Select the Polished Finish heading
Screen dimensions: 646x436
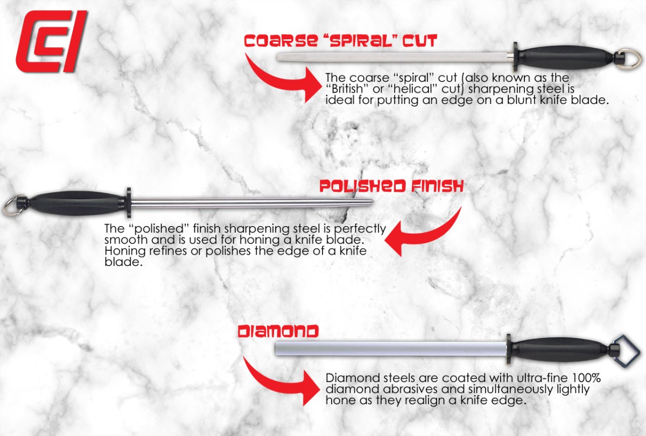[392, 186]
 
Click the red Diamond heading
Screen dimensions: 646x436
[278, 332]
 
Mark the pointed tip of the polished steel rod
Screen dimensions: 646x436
[373, 202]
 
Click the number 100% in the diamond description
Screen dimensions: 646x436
[586, 377]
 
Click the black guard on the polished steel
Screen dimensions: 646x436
[128, 203]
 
